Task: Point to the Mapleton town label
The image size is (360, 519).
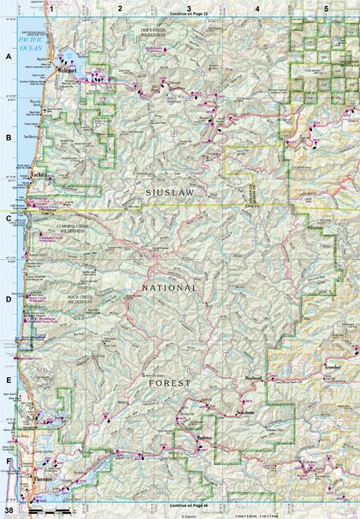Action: click(x=203, y=438)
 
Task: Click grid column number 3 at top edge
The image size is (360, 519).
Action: click(x=188, y=8)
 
